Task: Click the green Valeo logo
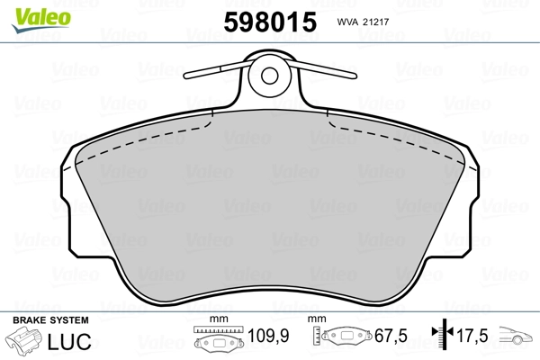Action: click(x=41, y=20)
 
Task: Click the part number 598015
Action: click(x=270, y=22)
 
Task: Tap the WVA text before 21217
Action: click(x=347, y=22)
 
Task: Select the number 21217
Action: click(x=375, y=22)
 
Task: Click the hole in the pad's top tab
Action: click(x=270, y=76)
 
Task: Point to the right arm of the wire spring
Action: click(x=324, y=68)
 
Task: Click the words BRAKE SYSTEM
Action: click(x=50, y=320)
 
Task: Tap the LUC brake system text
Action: click(x=69, y=341)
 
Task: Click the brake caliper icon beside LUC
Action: click(x=23, y=341)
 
